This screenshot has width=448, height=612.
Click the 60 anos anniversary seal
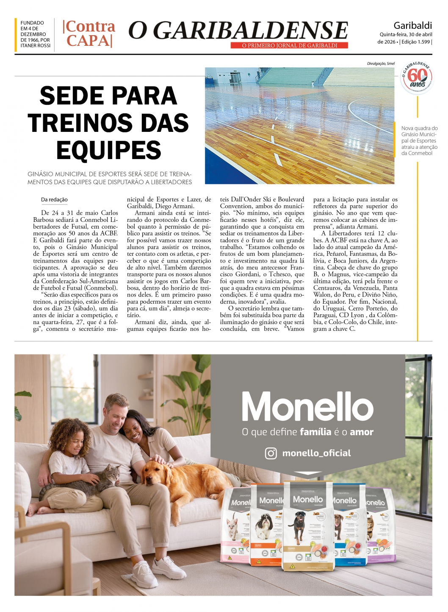[x=417, y=77]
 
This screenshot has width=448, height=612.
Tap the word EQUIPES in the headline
[x=108, y=150]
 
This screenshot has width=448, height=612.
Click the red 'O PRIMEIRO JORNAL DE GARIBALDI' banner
[x=289, y=45]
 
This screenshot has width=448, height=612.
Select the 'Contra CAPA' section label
[x=89, y=34]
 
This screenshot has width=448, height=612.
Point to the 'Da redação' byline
[x=54, y=200]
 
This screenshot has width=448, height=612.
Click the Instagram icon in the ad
[x=271, y=453]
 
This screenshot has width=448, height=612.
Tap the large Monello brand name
[x=307, y=406]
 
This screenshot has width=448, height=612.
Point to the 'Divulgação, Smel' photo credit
[x=380, y=64]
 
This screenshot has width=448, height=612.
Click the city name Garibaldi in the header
[x=412, y=25]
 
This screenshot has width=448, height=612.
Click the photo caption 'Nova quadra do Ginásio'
[x=419, y=140]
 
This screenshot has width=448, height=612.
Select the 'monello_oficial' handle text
[x=316, y=453]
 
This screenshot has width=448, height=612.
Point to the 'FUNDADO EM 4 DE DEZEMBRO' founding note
[x=35, y=34]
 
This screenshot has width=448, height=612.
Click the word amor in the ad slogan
[x=362, y=432]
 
